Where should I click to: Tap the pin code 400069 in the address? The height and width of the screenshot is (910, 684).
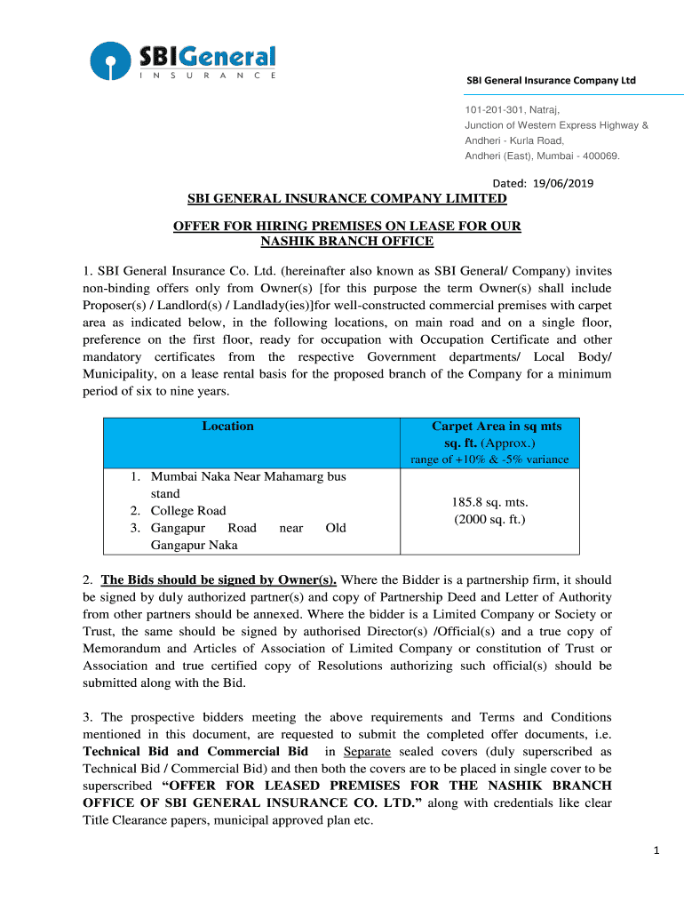[x=599, y=156]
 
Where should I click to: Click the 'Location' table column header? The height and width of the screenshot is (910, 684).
[x=227, y=427]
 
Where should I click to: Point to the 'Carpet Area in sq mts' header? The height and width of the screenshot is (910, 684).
[x=496, y=427]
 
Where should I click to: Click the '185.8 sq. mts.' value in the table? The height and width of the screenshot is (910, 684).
[x=489, y=502]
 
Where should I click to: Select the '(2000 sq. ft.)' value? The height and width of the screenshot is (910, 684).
[x=489, y=519]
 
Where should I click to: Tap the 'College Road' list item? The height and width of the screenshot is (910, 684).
[x=188, y=511]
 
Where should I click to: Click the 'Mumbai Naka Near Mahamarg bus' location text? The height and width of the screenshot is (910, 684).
[x=248, y=477]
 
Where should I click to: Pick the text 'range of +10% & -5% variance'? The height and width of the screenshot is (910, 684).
[x=489, y=459]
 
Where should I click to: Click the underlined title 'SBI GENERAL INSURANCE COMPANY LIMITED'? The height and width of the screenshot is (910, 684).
[x=346, y=199]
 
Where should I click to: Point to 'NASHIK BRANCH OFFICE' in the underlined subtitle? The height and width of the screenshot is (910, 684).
[x=346, y=242]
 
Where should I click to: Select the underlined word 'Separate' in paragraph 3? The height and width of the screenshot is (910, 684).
[x=366, y=752]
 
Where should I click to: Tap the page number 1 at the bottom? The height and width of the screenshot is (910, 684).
[x=656, y=851]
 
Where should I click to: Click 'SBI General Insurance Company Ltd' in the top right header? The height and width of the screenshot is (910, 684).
[x=551, y=81]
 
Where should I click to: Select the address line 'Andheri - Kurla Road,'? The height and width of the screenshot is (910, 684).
[x=514, y=140]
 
